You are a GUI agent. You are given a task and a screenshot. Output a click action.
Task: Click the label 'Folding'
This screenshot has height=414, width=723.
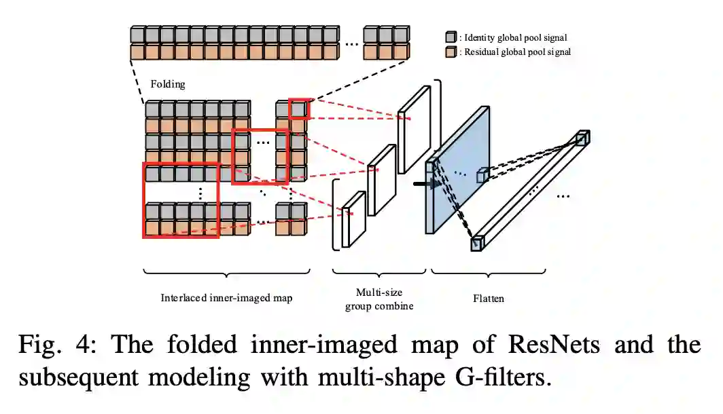[167, 85]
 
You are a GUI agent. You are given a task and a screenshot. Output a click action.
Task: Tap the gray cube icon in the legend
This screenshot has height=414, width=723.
[451, 37]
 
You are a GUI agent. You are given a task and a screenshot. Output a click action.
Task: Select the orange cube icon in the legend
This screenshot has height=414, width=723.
[451, 52]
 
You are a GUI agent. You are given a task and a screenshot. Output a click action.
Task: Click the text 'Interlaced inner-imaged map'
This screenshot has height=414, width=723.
[226, 297]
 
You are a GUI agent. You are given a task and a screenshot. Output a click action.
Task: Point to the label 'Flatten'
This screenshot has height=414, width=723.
[488, 298]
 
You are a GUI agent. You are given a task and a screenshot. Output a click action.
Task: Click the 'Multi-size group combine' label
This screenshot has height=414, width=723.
[379, 299]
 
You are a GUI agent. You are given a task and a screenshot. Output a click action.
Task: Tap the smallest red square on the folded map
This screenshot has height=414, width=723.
[299, 109]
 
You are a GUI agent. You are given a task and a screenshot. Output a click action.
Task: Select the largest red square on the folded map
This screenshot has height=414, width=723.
[181, 200]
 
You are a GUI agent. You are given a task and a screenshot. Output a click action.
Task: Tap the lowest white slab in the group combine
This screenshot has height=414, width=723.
[353, 219]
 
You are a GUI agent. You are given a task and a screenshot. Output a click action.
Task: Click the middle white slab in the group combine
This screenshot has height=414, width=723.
[381, 179]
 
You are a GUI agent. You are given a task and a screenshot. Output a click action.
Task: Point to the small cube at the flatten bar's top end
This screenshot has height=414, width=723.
[582, 138]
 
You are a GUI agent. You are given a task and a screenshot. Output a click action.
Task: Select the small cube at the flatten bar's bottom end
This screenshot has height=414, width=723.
[478, 243]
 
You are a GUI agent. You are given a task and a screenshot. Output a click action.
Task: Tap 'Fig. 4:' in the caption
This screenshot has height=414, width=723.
[57, 345]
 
